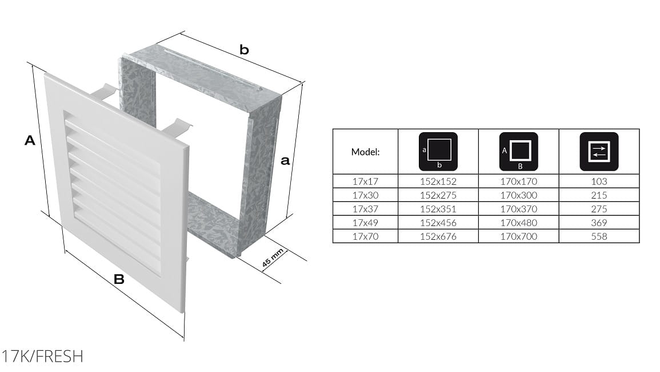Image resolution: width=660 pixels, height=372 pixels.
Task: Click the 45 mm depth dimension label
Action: tap(273, 258)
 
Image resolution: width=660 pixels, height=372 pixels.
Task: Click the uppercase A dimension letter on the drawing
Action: tap(30, 140)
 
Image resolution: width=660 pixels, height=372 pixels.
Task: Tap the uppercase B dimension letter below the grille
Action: tap(119, 279)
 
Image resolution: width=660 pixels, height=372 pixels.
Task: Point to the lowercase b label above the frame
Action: tap(244, 50)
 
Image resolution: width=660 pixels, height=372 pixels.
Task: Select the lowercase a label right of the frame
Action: tap(285, 161)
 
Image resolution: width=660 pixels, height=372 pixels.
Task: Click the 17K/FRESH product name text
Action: tap(42, 357)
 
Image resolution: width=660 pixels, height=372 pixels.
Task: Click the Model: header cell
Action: tap(365, 152)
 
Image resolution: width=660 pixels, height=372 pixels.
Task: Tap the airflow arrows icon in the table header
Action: tap(599, 152)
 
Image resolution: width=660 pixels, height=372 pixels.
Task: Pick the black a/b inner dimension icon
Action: tap(438, 152)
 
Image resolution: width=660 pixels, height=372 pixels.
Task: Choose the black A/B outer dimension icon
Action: tap(519, 152)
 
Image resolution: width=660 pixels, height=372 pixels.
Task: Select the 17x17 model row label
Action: tap(365, 181)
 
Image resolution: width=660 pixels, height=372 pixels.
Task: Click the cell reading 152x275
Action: tap(438, 195)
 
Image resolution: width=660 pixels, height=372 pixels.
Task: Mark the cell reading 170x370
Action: tap(519, 209)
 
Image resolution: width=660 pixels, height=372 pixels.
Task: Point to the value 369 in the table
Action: tap(599, 223)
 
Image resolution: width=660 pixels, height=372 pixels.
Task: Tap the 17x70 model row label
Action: tap(365, 236)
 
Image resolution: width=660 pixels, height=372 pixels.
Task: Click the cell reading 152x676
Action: tap(438, 236)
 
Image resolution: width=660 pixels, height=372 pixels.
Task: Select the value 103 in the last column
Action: tap(599, 181)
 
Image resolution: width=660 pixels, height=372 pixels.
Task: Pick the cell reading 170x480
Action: tap(519, 223)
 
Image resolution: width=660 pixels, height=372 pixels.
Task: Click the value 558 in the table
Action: tap(599, 236)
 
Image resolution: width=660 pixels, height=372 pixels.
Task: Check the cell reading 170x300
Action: tap(519, 195)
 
